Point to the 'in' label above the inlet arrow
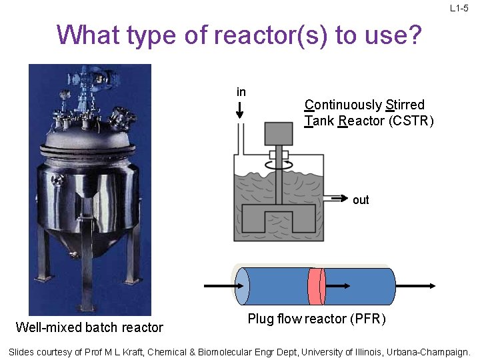[241, 92]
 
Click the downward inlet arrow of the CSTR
[240, 111]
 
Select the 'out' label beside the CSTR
[361, 200]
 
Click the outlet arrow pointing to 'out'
[337, 199]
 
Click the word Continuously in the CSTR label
[343, 105]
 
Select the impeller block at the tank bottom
[279, 219]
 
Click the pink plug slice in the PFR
[315, 286]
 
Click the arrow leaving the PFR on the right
[417, 286]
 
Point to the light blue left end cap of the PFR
[242, 286]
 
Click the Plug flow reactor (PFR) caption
[316, 319]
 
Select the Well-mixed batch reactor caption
[89, 327]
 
